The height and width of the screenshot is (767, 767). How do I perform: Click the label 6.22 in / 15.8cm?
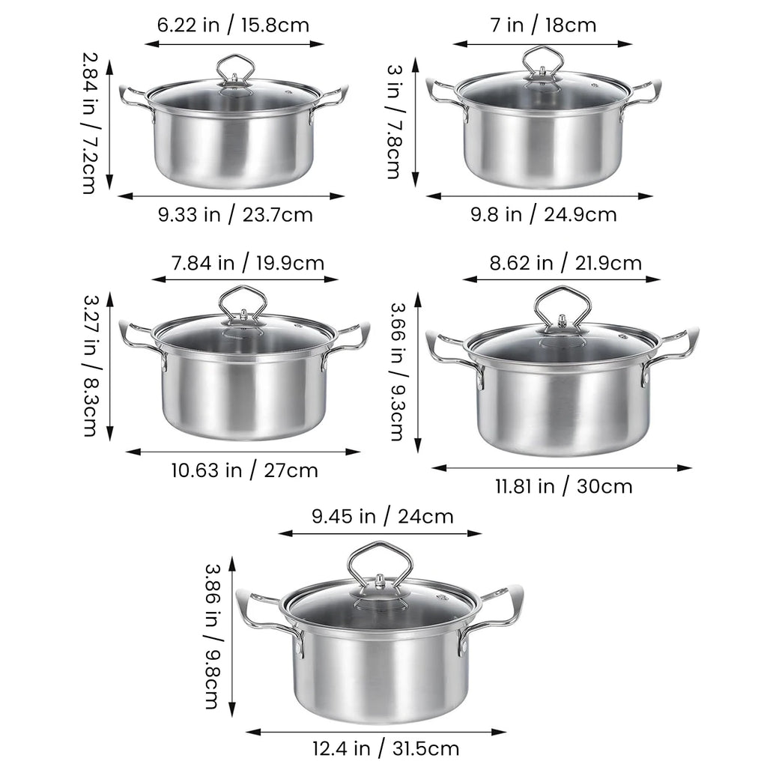pos(233,25)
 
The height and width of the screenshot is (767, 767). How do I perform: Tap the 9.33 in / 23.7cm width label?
pos(234,215)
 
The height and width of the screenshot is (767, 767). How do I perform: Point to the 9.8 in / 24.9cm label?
pos(543,214)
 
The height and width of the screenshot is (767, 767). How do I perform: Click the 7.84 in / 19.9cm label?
pos(247,263)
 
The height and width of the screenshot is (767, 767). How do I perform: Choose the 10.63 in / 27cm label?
pos(244,470)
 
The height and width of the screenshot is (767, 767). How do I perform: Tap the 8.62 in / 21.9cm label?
pos(566,263)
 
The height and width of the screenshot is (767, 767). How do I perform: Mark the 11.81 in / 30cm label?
pos(563,486)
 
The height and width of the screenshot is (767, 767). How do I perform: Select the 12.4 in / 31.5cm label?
pos(386,748)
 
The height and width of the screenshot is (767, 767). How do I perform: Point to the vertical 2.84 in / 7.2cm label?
pos(89,122)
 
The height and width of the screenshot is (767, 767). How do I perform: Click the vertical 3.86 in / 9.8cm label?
pos(211,636)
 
